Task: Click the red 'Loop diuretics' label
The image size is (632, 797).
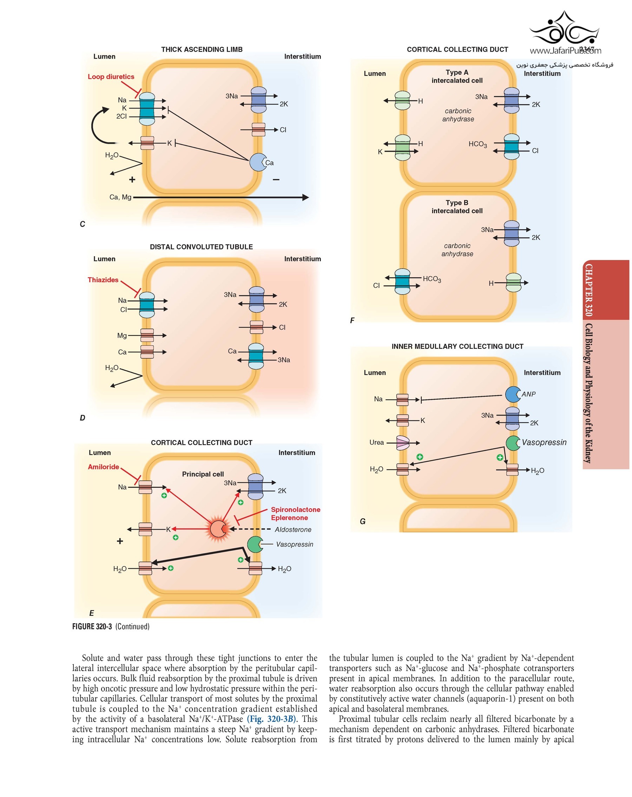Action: click(x=111, y=77)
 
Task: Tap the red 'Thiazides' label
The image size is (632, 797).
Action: click(x=103, y=280)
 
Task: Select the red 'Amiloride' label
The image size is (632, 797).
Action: click(x=103, y=467)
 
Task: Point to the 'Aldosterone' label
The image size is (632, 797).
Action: click(x=292, y=530)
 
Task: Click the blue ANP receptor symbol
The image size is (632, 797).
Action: click(x=512, y=394)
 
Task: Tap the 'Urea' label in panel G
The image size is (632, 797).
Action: click(x=376, y=443)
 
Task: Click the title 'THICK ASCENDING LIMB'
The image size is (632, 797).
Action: click(x=202, y=49)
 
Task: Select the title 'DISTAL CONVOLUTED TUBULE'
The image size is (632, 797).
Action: click(x=201, y=247)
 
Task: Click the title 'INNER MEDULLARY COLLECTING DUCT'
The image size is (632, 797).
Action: click(x=457, y=346)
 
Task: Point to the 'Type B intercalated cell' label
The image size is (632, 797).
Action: click(x=457, y=207)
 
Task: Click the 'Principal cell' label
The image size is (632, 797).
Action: click(x=203, y=474)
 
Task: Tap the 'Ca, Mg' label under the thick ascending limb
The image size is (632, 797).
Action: click(x=120, y=197)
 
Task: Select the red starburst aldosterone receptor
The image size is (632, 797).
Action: click(x=218, y=529)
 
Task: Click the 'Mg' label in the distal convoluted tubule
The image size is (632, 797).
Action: click(x=122, y=336)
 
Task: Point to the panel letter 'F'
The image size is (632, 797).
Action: click(x=352, y=320)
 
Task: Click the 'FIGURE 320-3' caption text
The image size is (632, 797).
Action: click(x=92, y=626)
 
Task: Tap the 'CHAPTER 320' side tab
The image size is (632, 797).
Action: click(x=588, y=290)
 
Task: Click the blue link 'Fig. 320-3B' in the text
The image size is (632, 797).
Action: click(x=271, y=719)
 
